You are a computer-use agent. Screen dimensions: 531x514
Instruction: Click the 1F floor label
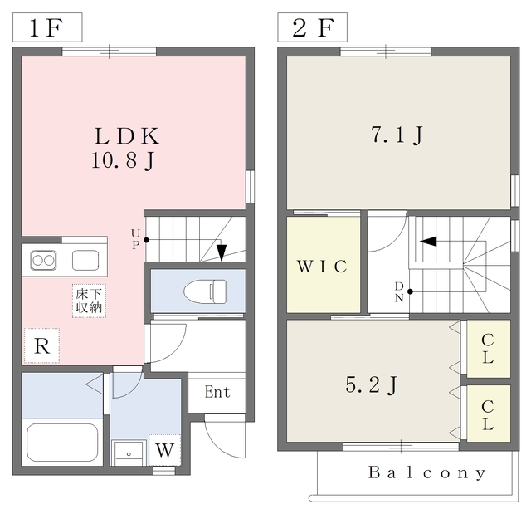(46, 27)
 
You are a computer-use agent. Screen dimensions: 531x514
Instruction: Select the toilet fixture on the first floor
(205, 291)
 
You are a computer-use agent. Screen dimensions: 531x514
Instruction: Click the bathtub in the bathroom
(63, 442)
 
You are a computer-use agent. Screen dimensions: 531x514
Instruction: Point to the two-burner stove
(43, 260)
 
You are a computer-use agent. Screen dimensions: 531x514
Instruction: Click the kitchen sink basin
(85, 260)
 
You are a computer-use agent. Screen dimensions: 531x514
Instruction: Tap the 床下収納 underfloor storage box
(89, 301)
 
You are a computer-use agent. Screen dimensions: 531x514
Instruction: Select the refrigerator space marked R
(41, 345)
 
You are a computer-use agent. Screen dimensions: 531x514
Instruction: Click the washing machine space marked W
(164, 450)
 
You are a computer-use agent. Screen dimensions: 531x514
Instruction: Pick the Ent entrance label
(217, 392)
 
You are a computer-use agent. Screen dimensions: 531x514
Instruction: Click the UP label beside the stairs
(135, 239)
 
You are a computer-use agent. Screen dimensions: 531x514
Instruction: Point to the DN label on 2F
(399, 291)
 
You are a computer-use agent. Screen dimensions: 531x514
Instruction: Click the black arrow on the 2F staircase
(428, 242)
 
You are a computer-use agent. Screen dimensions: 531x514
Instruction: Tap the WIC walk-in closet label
(322, 267)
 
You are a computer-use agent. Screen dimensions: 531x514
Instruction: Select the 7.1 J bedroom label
(397, 135)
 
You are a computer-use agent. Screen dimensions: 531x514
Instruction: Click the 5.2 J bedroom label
(371, 385)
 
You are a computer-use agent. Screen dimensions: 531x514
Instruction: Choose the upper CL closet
(489, 349)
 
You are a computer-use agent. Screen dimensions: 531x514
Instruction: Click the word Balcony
(427, 472)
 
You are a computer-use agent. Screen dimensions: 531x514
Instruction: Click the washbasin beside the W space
(129, 453)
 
